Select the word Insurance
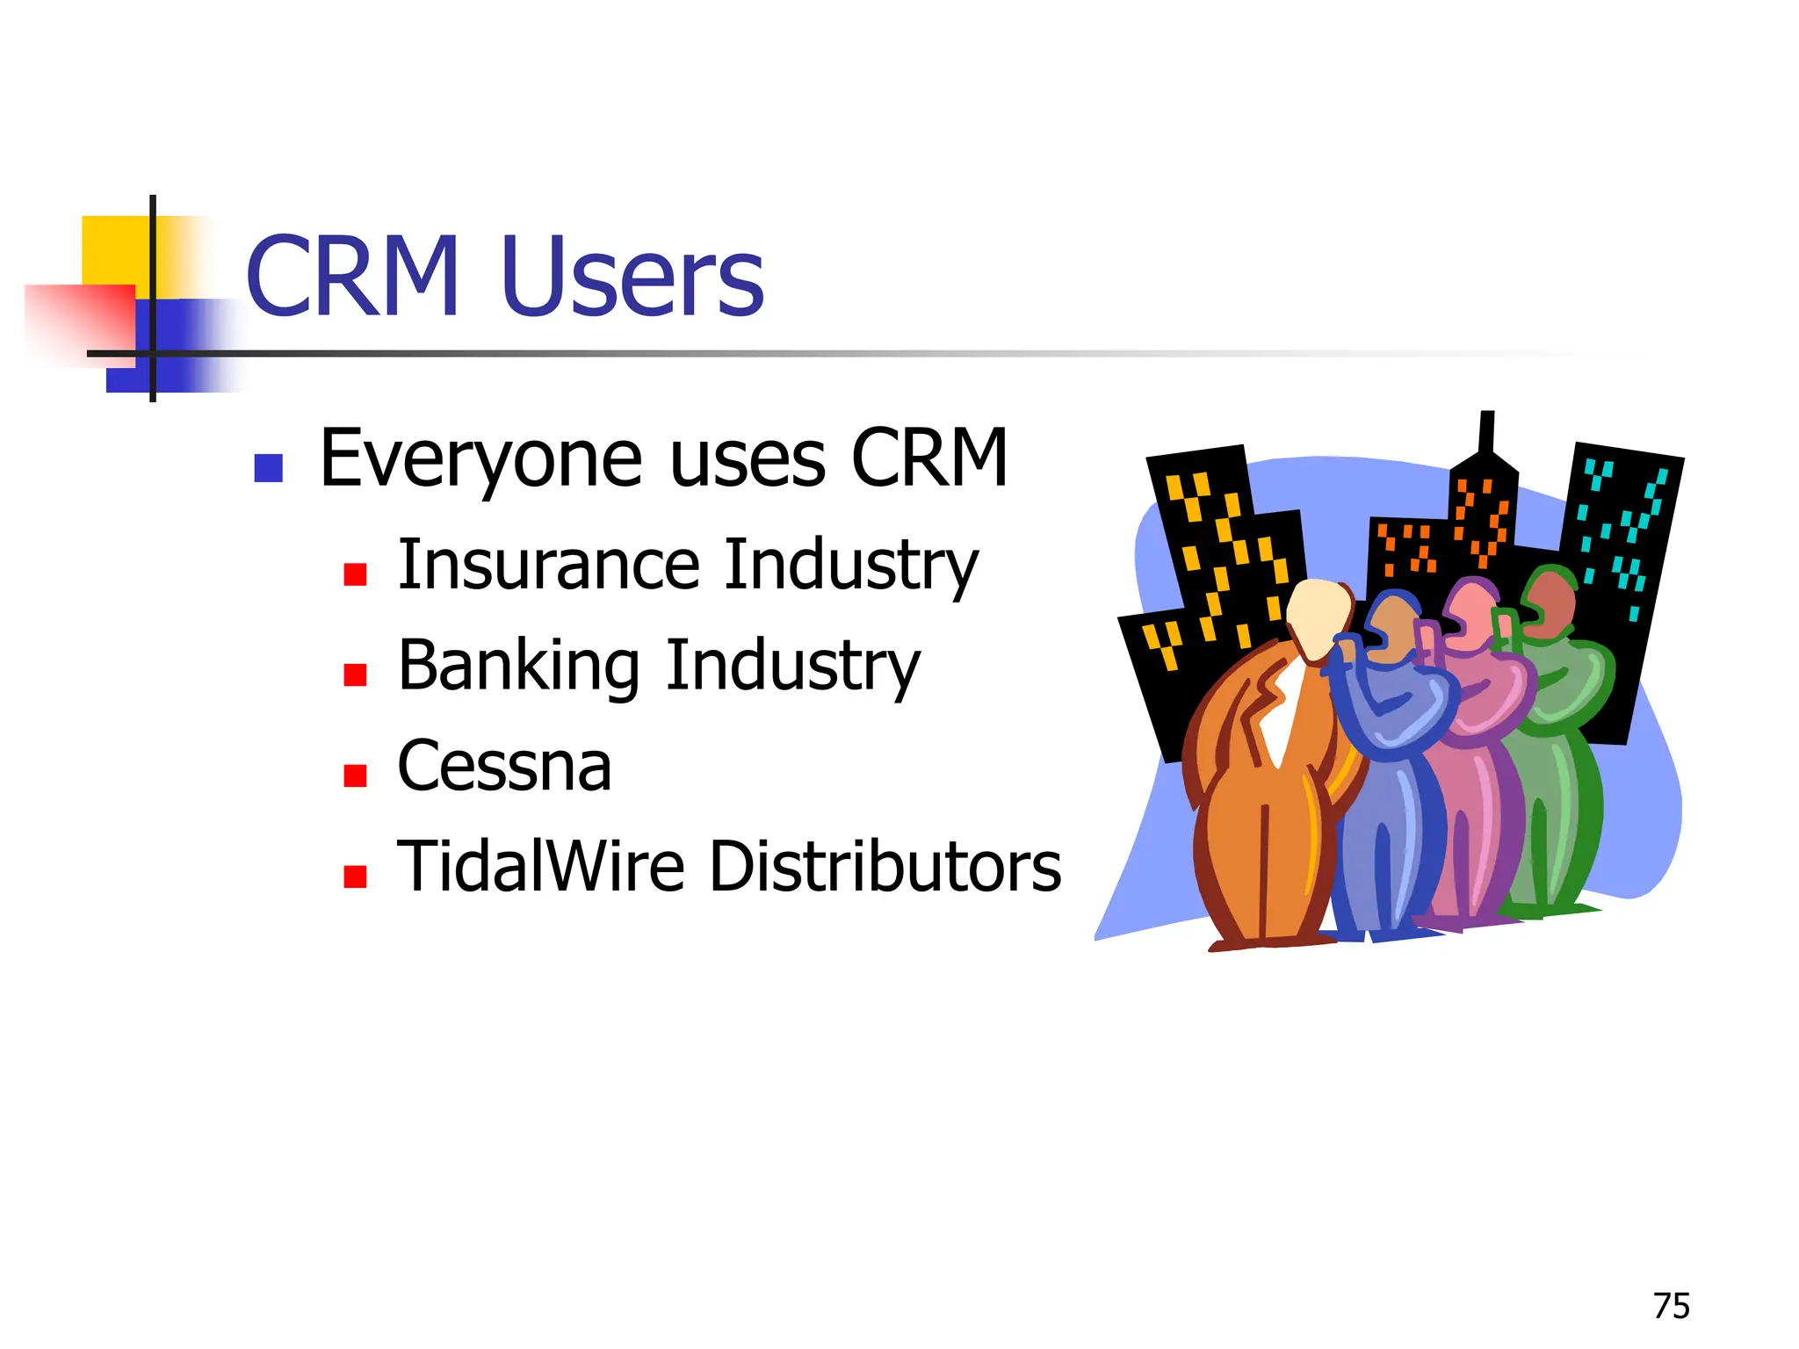tap(549, 565)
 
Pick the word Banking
tap(518, 666)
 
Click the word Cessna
tap(504, 767)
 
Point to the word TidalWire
tap(540, 867)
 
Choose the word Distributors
tap(885, 867)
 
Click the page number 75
tap(1671, 1306)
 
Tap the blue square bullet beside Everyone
tap(268, 468)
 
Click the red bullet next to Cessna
tap(355, 775)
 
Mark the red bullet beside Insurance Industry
tap(355, 574)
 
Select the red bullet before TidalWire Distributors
tap(355, 876)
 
